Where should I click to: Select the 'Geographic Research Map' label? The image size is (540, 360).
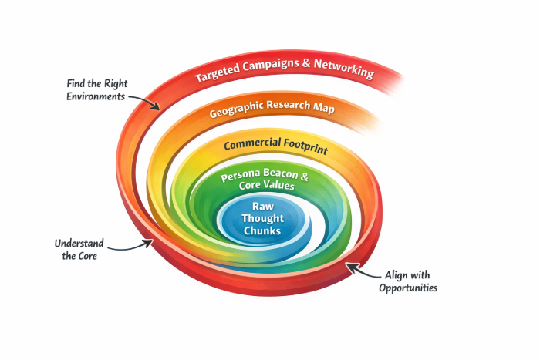click(x=272, y=109)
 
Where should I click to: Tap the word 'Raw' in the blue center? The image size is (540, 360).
click(x=264, y=206)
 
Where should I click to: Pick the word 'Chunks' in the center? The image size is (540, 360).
click(x=264, y=231)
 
